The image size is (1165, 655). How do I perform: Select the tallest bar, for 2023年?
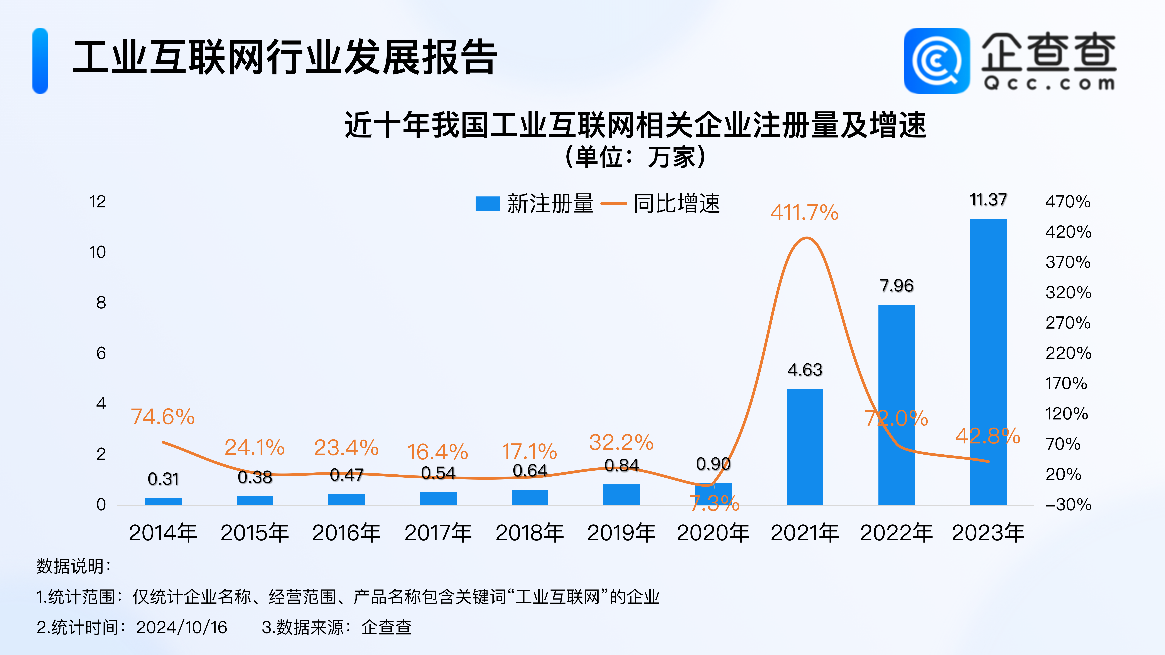pos(988,362)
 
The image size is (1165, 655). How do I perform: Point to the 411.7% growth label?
pos(805,212)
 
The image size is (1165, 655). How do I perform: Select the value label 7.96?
pos(896,286)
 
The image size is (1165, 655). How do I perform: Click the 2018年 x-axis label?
pos(530,532)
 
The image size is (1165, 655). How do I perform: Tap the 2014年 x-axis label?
pos(163,532)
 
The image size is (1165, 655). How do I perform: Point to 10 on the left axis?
pos(98,252)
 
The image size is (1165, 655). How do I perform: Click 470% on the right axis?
pos(1068,202)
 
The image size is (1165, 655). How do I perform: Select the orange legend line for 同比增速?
pos(613,203)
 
